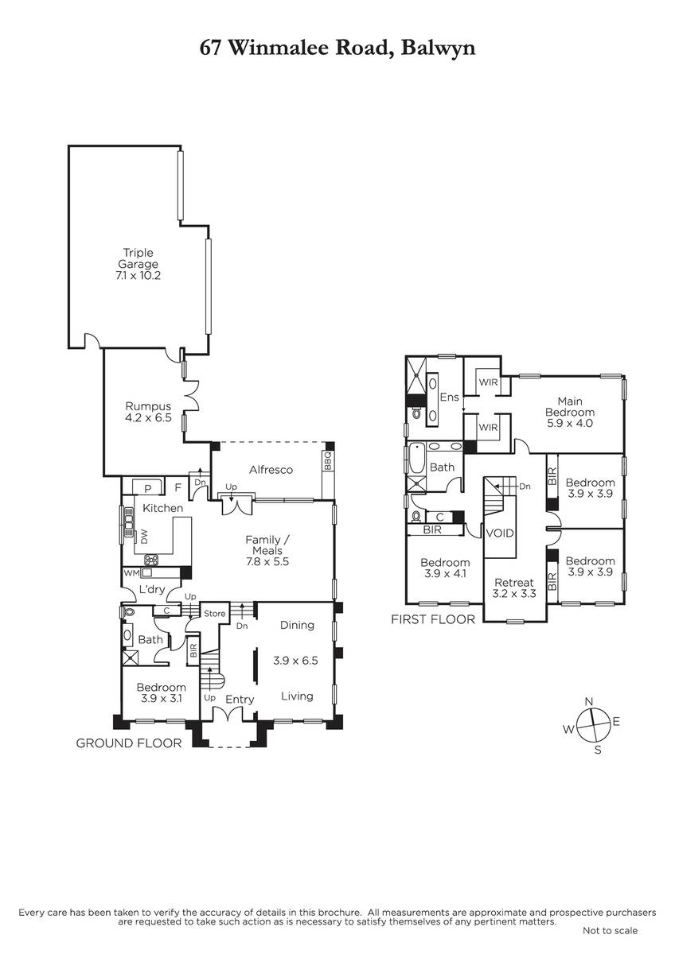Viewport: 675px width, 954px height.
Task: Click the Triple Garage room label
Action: [139, 264]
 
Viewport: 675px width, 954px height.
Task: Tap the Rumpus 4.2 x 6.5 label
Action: [148, 412]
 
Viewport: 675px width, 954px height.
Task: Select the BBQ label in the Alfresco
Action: [327, 461]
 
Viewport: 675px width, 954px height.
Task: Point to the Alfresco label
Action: [271, 470]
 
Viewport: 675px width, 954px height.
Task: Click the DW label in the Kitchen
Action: [144, 536]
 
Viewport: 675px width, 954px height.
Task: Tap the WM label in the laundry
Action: [131, 573]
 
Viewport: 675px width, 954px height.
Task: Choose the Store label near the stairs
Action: [214, 613]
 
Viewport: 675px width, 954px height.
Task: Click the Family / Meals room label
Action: [267, 551]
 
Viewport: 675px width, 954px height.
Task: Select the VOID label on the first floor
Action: [500, 533]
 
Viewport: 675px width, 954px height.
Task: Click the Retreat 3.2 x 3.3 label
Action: [514, 588]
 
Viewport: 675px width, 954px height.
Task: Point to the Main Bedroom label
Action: [570, 412]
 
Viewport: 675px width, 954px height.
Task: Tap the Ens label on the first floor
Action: [449, 397]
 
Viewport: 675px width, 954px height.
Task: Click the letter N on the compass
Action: [589, 701]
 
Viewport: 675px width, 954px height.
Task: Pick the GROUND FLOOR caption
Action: [129, 743]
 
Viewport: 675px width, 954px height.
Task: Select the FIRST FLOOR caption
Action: [433, 619]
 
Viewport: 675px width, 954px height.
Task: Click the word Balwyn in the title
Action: [438, 48]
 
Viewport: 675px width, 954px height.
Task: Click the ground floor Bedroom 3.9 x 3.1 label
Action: [161, 692]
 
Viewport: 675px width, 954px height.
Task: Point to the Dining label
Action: [297, 625]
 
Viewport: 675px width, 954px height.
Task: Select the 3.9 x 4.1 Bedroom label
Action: [445, 568]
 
